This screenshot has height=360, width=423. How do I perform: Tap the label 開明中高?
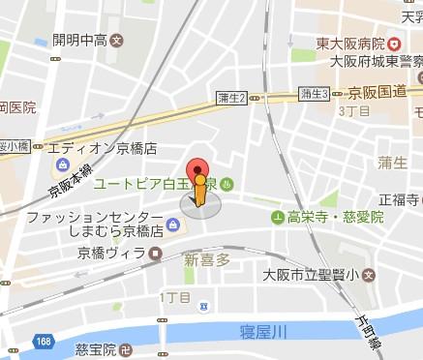67,42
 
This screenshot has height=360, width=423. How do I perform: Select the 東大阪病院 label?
343,43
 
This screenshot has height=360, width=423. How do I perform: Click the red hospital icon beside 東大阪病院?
394,44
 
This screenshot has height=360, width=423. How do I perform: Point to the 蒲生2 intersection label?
232,96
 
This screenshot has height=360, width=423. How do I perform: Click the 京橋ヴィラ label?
111,254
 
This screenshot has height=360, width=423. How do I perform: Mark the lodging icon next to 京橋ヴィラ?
155,254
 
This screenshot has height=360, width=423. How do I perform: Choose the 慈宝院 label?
96,347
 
